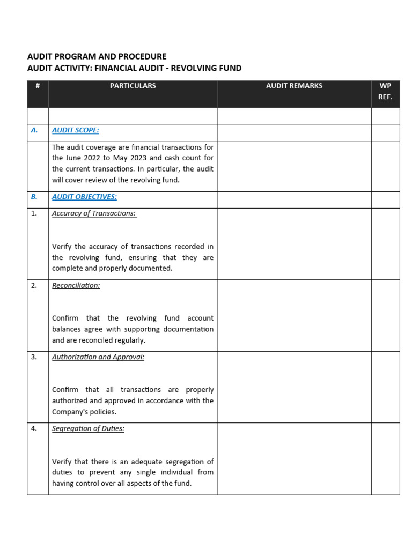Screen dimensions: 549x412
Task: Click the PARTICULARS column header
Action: [x=133, y=86]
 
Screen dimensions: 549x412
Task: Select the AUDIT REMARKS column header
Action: [x=294, y=86]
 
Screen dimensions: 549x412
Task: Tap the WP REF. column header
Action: [x=385, y=92]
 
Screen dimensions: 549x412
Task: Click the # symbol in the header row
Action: [x=38, y=86]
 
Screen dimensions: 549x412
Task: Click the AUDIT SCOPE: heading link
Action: [x=76, y=130]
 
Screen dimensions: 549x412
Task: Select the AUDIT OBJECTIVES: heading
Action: [x=84, y=197]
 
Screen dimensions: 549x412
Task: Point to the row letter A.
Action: [x=34, y=130]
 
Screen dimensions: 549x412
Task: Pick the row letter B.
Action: [x=34, y=197]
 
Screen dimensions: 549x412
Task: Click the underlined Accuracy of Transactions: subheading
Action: [x=94, y=213]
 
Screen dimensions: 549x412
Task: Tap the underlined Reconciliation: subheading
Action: [x=76, y=285]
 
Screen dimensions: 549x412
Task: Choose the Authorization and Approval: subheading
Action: [x=98, y=357]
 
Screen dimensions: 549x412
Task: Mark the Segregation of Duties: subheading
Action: [x=88, y=429]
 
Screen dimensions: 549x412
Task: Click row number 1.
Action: [x=34, y=213]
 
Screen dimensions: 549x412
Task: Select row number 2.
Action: [x=34, y=285]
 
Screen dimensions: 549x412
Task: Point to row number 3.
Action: [x=34, y=357]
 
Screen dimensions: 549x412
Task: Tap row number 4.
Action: [x=34, y=429]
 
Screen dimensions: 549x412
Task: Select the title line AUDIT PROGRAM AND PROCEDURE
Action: [x=97, y=56]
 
